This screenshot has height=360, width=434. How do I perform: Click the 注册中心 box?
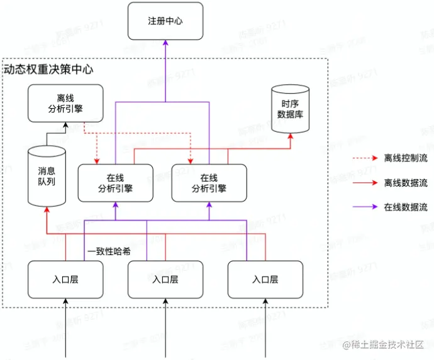165,21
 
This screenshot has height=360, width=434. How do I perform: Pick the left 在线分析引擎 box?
116,182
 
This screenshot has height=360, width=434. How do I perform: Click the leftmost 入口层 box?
65,280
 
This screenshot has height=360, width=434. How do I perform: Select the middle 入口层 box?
165,280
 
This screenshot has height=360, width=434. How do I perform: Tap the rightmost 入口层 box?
265,280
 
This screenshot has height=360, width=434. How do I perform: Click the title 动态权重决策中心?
49,69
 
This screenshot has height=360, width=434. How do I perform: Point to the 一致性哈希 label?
109,251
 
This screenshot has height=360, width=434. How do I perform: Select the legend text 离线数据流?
405,183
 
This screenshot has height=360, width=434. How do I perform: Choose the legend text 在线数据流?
405,207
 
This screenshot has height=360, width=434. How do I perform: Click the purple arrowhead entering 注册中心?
165,43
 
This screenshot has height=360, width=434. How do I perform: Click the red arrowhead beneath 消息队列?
46,211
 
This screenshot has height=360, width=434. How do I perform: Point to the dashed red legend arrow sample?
364,158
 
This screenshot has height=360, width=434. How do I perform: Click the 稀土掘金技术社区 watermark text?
387,344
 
